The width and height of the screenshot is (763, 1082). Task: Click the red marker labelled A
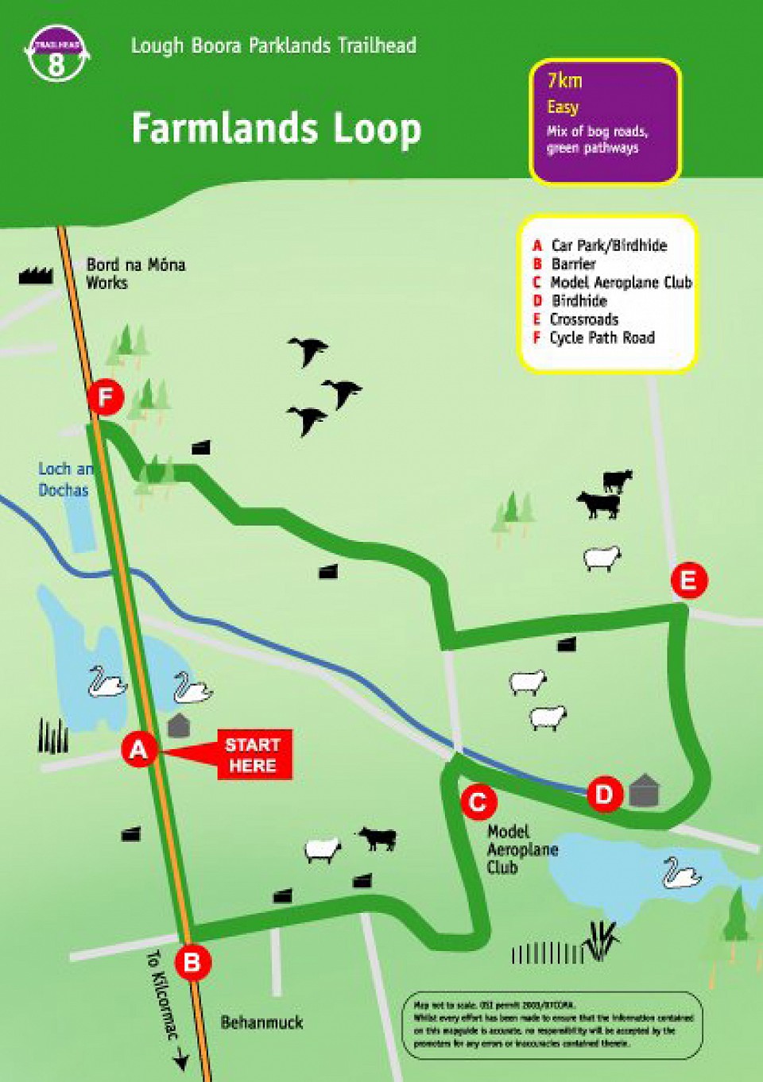138,749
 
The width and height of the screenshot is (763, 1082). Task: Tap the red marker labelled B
192,963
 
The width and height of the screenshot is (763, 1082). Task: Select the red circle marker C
478,802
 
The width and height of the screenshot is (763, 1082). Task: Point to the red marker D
604,794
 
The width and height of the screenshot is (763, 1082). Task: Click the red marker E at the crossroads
688,581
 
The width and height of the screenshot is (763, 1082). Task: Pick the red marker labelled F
106,397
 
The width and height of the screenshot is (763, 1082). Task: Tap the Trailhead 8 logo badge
56,54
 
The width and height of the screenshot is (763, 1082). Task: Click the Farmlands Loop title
276,129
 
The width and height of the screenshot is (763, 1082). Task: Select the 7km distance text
564,80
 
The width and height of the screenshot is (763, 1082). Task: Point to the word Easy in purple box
563,107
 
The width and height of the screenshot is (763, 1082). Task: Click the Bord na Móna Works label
135,273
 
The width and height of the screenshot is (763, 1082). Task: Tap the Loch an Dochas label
65,480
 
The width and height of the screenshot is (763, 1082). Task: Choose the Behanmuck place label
261,1022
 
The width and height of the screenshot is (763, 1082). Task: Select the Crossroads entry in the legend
583,319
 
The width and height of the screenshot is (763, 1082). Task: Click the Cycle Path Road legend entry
602,338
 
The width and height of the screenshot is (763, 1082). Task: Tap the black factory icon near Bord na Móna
35,276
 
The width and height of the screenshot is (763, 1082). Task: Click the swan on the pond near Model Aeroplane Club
681,872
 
